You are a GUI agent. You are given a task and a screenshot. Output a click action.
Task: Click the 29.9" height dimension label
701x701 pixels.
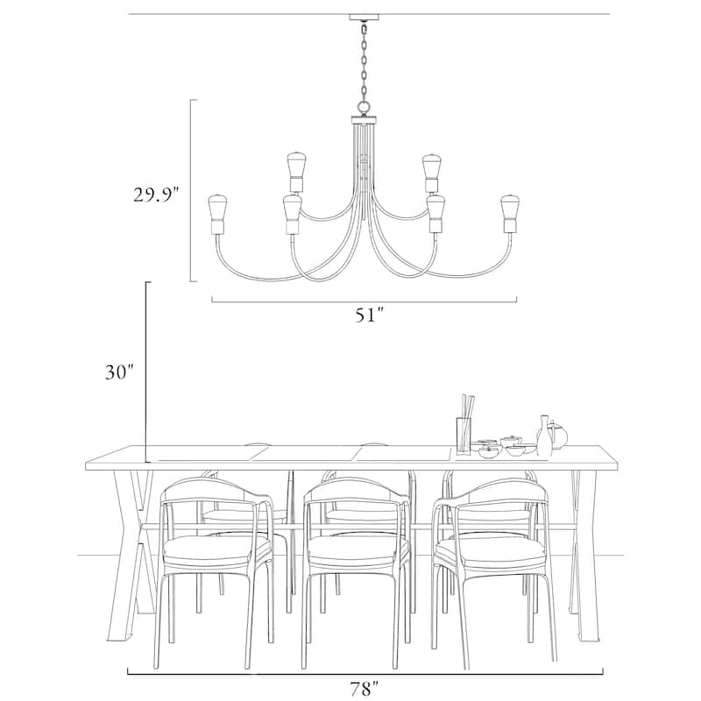(156, 195)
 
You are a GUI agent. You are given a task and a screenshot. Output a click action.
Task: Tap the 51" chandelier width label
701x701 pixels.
(370, 315)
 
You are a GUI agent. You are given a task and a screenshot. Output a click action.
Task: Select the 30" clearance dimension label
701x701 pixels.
(119, 372)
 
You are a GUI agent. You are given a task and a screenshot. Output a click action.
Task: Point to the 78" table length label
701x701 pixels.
(364, 689)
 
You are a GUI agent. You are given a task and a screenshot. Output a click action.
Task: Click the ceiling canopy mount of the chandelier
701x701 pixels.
(364, 18)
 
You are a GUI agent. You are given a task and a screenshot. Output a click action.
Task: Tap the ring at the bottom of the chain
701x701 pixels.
(364, 107)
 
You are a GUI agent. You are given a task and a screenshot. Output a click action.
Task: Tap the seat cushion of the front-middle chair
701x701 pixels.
(358, 549)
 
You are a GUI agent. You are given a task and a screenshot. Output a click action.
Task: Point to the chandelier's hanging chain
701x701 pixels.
(364, 61)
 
